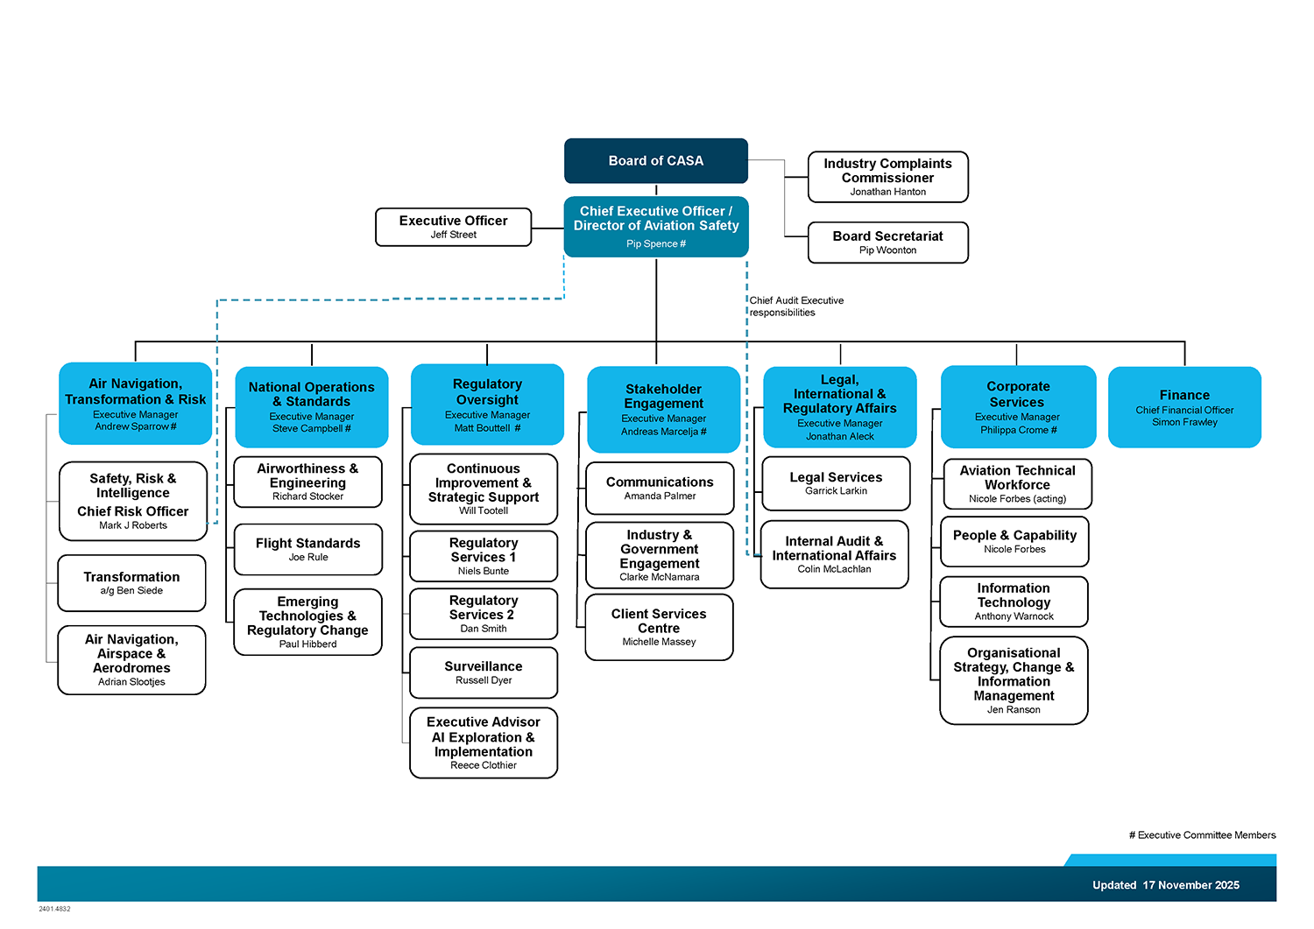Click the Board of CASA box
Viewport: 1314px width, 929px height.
tap(655, 161)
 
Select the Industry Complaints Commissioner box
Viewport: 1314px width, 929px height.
tap(887, 177)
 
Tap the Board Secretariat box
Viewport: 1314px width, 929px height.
tap(887, 243)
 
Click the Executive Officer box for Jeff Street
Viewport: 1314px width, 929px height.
tap(453, 227)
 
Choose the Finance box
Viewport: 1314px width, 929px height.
tap(1184, 407)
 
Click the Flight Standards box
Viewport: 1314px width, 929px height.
tap(307, 549)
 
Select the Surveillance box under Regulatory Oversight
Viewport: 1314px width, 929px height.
tap(483, 672)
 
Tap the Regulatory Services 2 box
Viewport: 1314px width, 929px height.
tap(483, 614)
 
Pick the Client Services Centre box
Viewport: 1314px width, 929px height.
tap(659, 627)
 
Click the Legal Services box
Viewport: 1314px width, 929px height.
tap(836, 483)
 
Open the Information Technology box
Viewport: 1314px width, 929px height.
tap(1014, 602)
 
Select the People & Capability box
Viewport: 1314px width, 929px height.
tap(1014, 542)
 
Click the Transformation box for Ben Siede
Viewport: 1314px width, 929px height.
tap(131, 583)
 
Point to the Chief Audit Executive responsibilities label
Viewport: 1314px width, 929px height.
tap(796, 306)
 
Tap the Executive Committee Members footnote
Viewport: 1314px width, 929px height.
tap(1202, 835)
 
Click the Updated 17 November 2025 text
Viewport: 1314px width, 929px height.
tap(1165, 885)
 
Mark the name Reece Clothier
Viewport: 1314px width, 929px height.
tap(484, 765)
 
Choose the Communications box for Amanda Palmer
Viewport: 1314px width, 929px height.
tap(660, 489)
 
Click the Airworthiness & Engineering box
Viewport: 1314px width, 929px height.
tap(307, 482)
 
